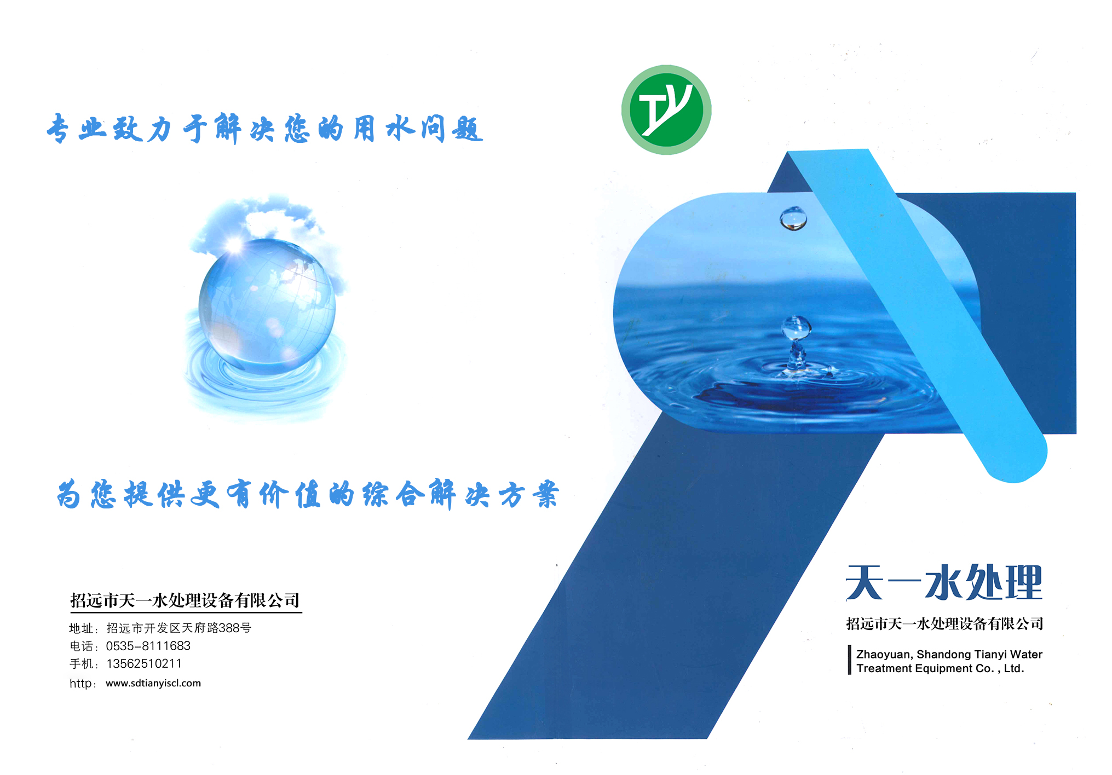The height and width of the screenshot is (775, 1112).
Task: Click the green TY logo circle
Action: click(x=666, y=110)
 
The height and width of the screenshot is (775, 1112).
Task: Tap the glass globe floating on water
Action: click(x=267, y=306)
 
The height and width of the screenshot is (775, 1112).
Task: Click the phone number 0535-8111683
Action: click(x=148, y=646)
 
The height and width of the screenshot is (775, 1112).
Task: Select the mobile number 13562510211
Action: click(x=144, y=664)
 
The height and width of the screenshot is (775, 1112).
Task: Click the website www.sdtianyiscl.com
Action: click(x=153, y=683)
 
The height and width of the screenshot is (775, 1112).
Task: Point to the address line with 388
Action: click(x=178, y=628)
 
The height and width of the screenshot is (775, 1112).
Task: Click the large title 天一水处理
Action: click(x=944, y=583)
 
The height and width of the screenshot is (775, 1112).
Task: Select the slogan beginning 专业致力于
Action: click(x=265, y=129)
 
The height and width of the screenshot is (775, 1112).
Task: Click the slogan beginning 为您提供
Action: click(x=308, y=494)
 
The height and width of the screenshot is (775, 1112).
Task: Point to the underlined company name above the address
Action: click(x=185, y=600)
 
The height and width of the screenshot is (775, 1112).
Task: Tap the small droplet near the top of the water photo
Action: click(x=793, y=218)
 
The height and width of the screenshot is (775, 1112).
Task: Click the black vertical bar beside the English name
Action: click(x=849, y=660)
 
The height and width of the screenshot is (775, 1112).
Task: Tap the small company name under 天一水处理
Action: click(x=944, y=623)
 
